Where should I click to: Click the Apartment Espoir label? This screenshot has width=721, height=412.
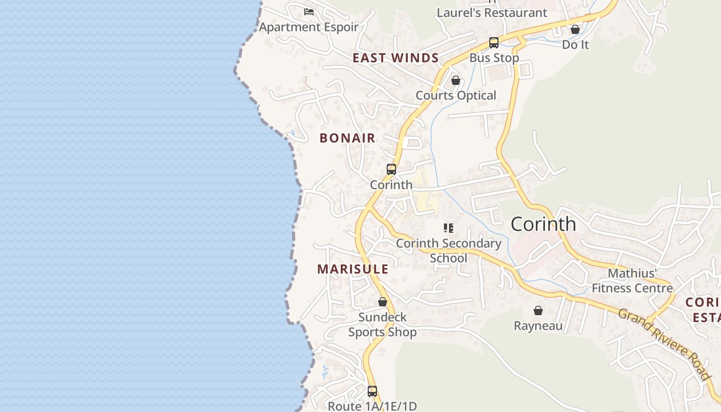point(308,27)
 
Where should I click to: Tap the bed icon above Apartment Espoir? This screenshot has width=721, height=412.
point(309,11)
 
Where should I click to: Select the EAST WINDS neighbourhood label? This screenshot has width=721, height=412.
point(396,58)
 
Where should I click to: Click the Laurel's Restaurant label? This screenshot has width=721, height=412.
point(492,13)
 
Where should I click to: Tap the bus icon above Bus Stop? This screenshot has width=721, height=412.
point(494,43)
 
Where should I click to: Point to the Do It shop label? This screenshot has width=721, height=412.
point(575,45)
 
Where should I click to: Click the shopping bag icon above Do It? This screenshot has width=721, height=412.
point(575,29)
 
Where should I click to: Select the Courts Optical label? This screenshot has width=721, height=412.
point(456,95)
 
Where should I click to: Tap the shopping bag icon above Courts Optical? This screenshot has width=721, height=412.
point(455,80)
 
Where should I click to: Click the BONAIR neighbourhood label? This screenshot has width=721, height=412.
point(348,138)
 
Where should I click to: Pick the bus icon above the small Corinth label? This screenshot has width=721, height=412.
point(391,169)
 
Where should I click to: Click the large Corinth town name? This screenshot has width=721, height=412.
point(543,224)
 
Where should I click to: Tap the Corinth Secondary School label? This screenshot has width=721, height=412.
point(449,250)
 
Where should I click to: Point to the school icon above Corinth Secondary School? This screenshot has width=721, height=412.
point(449,228)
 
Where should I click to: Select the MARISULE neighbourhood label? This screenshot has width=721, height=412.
point(353,269)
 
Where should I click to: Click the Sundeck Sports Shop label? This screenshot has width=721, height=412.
point(383,324)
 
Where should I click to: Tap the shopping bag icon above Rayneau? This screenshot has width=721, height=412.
point(538,311)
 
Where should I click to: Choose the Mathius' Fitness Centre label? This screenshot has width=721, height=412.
point(632,281)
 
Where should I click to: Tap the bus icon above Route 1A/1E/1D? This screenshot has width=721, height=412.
point(372,391)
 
